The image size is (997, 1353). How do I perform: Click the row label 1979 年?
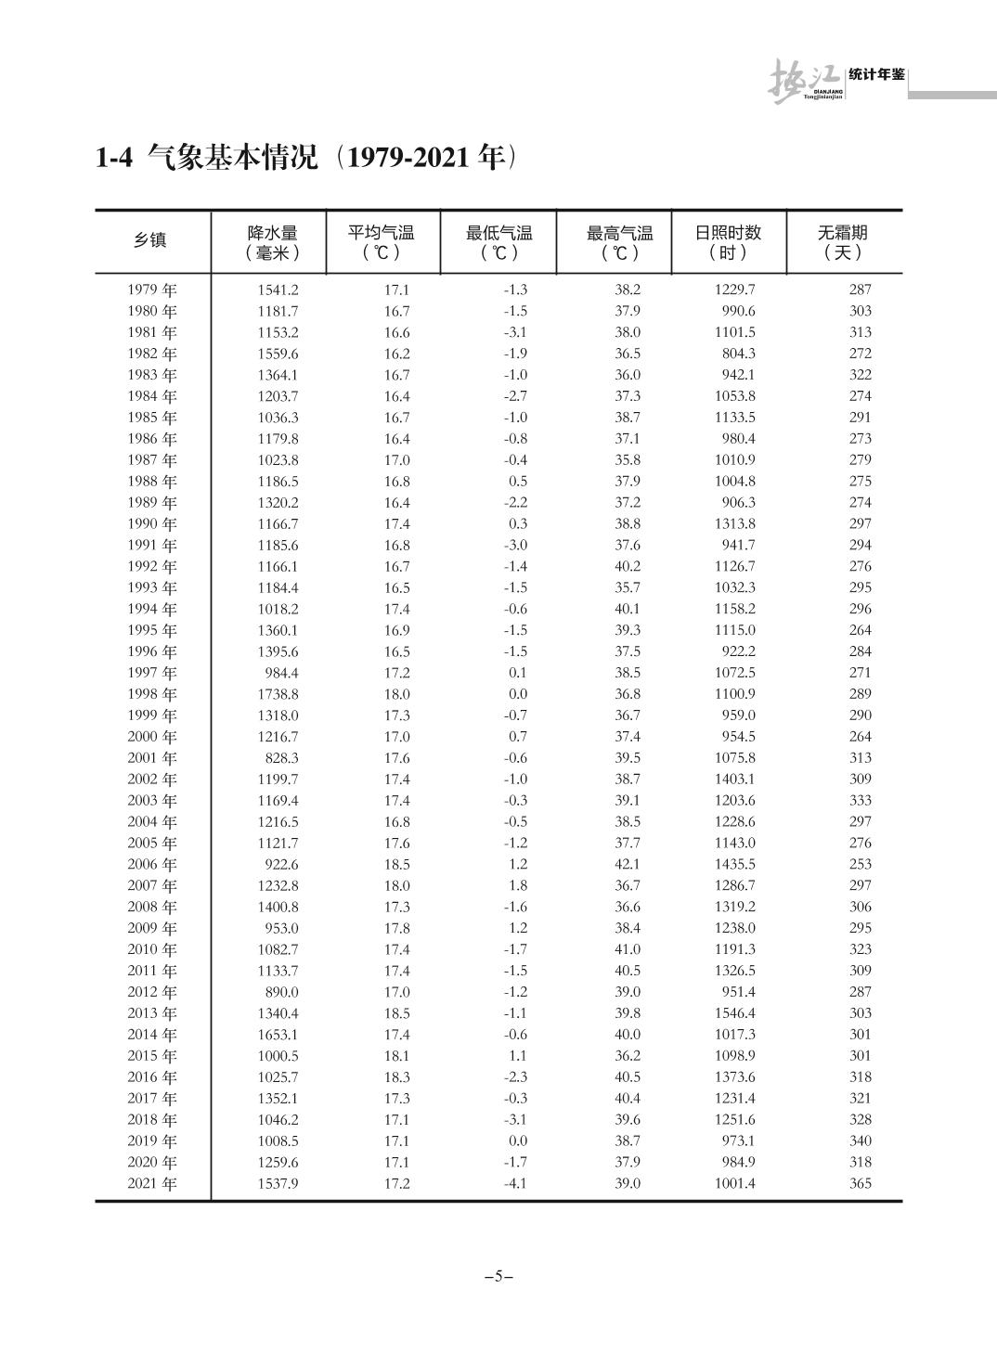click(152, 290)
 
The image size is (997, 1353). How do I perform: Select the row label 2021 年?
click(152, 1184)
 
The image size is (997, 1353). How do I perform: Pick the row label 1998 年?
click(152, 694)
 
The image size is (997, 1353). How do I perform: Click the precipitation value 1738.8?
click(278, 694)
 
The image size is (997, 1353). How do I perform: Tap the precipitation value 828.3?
click(281, 758)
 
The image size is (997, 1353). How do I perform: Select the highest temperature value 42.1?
click(628, 864)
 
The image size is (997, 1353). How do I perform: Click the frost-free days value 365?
click(861, 1184)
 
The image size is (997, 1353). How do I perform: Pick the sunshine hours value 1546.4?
click(735, 1013)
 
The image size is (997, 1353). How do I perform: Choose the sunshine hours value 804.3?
click(739, 354)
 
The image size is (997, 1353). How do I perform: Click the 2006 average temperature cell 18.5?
click(396, 864)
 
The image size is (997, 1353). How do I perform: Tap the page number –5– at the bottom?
click(498, 1276)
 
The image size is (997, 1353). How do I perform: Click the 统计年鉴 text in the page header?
click(876, 74)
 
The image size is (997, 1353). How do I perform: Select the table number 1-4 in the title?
click(116, 159)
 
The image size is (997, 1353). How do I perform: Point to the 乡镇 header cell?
click(150, 240)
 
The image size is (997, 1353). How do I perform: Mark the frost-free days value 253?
click(861, 864)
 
